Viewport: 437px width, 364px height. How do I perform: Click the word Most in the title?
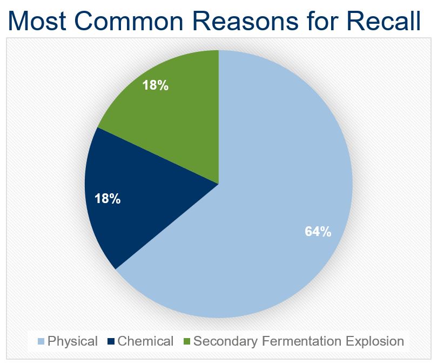coord(37,21)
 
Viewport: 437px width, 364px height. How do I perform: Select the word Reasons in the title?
coord(245,21)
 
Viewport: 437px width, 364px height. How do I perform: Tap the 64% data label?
coord(318,231)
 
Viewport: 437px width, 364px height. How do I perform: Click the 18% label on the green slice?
coord(155,85)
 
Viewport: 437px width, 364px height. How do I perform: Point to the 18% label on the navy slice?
coord(107,199)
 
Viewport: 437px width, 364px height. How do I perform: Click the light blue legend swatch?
coord(41,341)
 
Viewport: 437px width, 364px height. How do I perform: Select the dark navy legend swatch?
coord(111,341)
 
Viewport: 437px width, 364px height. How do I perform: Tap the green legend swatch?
coord(187,341)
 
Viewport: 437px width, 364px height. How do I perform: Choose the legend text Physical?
coord(72,341)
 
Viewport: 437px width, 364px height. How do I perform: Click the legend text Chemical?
coord(145,341)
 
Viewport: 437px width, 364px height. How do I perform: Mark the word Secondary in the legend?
coord(225,341)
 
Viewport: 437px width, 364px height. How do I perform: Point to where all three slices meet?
coord(219,184)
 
